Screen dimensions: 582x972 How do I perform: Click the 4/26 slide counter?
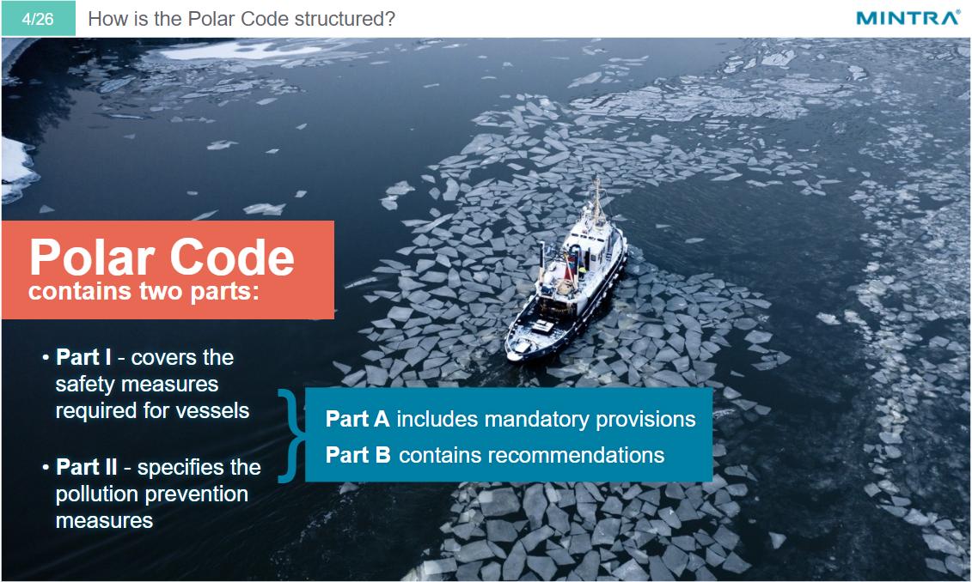click(x=38, y=18)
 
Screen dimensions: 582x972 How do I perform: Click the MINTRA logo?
click(x=908, y=18)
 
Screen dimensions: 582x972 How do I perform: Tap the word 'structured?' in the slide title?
click(x=350, y=19)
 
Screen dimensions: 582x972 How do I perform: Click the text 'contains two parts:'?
click(x=144, y=292)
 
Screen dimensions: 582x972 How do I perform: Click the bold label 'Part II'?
click(x=87, y=468)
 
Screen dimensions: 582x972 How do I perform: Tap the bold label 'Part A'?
click(x=358, y=419)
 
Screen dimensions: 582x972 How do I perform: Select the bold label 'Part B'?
click(x=358, y=455)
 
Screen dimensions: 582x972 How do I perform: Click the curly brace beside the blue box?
click(x=290, y=435)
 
